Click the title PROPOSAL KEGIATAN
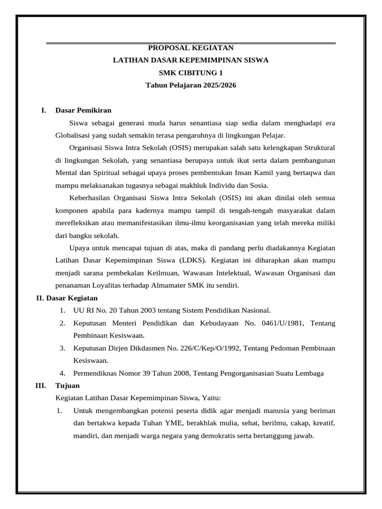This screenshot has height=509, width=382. (x=191, y=48)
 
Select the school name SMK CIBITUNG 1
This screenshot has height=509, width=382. (x=191, y=73)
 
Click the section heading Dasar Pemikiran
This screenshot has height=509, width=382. (x=83, y=110)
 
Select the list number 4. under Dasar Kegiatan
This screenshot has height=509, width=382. (x=63, y=373)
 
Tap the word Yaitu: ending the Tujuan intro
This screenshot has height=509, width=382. (x=211, y=398)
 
